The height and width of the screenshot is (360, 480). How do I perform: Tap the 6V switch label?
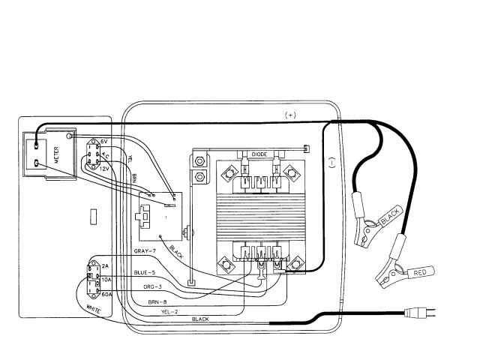click(104, 142)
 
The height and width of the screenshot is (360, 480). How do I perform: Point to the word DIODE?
click(260, 154)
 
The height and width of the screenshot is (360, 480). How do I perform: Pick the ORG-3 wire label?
click(152, 287)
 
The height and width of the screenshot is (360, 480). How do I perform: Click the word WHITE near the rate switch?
click(93, 307)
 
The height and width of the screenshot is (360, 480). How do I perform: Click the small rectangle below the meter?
click(92, 217)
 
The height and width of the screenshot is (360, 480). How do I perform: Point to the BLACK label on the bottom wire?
click(201, 319)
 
